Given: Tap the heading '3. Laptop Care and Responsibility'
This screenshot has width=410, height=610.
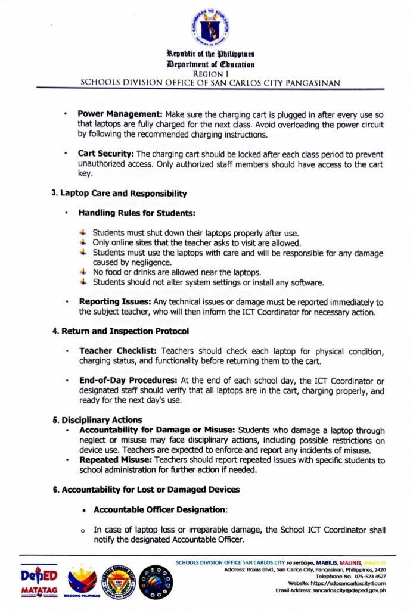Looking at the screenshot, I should tap(120, 194).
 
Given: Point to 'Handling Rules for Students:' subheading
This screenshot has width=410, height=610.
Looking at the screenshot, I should tap(138, 213).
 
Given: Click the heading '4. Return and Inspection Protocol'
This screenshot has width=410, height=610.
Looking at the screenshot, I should tap(121, 331).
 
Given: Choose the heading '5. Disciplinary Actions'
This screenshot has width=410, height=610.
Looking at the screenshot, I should tap(98, 419).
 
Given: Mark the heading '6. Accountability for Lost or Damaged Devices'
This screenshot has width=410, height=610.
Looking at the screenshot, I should tap(146, 490).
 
